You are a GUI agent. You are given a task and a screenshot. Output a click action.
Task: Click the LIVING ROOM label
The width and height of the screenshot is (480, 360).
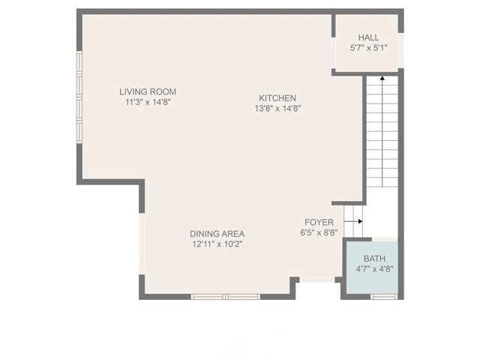[x=148, y=91]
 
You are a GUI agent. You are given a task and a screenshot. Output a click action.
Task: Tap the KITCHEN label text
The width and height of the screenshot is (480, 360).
[x=277, y=98]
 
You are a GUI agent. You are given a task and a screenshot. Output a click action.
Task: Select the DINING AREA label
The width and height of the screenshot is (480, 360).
[x=217, y=234]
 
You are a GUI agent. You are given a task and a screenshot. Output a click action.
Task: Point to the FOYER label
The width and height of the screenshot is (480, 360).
[x=319, y=222]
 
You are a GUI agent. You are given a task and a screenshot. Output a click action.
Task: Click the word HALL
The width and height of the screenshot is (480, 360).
[x=368, y=37]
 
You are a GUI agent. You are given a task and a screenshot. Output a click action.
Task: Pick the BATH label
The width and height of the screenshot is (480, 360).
[x=374, y=259]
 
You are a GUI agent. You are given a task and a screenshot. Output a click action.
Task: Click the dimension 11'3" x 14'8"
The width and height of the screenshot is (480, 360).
[x=148, y=102]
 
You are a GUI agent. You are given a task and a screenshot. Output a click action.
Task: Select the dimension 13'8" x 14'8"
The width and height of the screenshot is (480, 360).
[x=277, y=108]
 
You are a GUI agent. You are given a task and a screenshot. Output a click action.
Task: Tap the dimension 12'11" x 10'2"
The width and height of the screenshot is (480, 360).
[x=217, y=244]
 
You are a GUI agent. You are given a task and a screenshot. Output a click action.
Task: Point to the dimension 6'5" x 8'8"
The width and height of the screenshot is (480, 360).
[x=319, y=232]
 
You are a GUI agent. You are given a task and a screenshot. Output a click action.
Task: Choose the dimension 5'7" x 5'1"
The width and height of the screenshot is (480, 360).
[x=368, y=48]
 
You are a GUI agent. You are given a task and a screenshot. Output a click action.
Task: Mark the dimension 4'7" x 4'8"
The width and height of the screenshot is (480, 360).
[x=374, y=269]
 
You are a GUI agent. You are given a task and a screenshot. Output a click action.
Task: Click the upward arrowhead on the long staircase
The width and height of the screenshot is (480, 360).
[x=382, y=78]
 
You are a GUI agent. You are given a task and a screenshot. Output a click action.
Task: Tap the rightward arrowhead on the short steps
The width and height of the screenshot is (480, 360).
[x=361, y=221]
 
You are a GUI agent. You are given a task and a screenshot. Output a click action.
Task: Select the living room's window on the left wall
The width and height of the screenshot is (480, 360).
[x=79, y=97]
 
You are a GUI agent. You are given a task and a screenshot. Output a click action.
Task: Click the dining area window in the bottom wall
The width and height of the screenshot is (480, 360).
[x=226, y=297]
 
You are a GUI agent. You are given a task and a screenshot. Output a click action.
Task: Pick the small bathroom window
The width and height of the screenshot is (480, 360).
[x=384, y=297]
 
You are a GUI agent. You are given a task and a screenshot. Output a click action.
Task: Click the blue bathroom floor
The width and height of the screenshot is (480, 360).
[x=372, y=267]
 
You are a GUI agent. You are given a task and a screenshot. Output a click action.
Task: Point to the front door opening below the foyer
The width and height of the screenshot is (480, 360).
[x=316, y=280]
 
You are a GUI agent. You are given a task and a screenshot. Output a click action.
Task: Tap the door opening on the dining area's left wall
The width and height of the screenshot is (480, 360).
[x=142, y=243]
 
